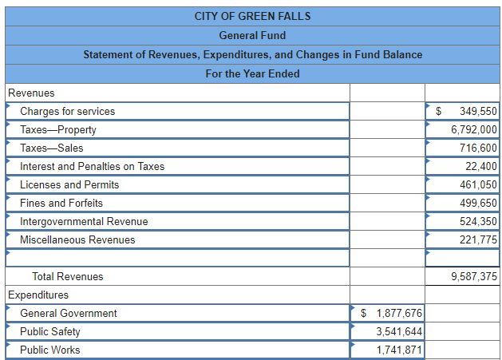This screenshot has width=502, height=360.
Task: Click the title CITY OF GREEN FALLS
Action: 252,16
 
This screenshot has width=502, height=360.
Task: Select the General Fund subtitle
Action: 252,35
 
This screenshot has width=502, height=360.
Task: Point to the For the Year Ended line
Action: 252,73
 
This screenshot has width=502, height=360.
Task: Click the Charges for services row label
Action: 67,111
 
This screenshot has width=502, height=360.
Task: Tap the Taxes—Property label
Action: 57,129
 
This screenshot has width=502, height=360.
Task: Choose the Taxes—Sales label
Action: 51,148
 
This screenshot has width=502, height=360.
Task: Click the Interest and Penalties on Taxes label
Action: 92,166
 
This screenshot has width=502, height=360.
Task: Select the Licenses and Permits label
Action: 69,184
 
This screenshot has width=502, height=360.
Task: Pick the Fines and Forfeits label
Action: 61,203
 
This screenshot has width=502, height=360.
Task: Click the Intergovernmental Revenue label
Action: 84,221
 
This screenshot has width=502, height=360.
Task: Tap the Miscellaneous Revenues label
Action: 77,239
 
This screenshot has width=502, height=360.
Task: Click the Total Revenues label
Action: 67,276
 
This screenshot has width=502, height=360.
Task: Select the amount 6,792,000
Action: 474,129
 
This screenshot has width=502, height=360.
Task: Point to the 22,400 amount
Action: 481,166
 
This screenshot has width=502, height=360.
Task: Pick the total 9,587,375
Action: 474,276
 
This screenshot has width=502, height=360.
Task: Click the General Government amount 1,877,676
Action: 399,313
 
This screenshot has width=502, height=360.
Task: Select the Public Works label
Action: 49,350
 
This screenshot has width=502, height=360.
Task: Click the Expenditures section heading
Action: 38,295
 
